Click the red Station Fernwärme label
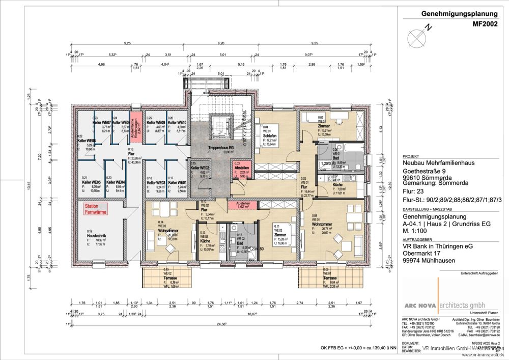(x=96, y=209)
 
